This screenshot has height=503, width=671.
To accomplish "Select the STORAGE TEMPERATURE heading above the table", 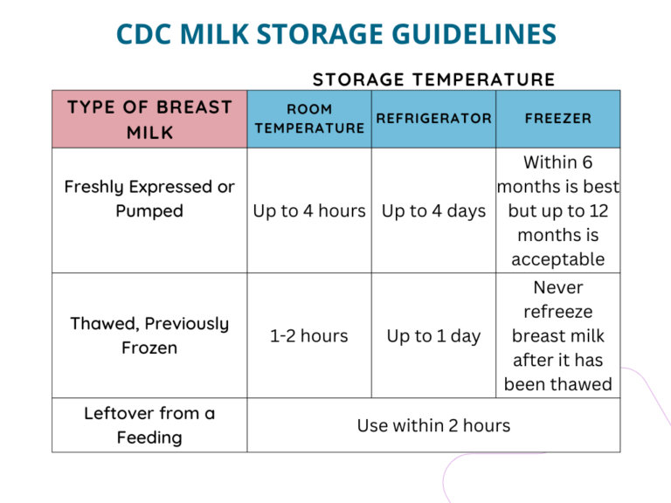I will [434, 79].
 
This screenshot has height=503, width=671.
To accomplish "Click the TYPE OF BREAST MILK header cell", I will [149, 120].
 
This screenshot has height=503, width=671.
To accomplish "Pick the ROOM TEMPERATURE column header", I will [309, 119].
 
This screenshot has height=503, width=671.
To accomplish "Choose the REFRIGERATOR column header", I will [434, 118].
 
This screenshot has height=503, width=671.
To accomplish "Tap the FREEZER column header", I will [557, 118].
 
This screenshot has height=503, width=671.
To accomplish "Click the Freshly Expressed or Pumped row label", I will [149, 199].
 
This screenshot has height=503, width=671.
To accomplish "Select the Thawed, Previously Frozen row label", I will [149, 335].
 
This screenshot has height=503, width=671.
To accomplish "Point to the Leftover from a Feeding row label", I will [149, 425].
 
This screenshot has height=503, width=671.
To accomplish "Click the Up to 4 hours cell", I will [309, 211].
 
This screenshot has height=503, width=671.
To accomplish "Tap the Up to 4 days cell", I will [434, 211].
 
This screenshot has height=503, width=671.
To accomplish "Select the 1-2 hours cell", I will [309, 336].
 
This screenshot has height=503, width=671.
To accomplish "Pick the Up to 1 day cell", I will [434, 336].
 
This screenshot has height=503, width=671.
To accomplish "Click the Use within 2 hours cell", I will [434, 426].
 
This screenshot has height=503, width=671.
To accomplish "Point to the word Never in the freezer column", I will [557, 287].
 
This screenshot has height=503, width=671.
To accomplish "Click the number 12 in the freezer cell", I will [598, 211].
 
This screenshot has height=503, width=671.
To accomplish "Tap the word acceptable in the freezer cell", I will [557, 259].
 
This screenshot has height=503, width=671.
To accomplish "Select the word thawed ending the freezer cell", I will [584, 384].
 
